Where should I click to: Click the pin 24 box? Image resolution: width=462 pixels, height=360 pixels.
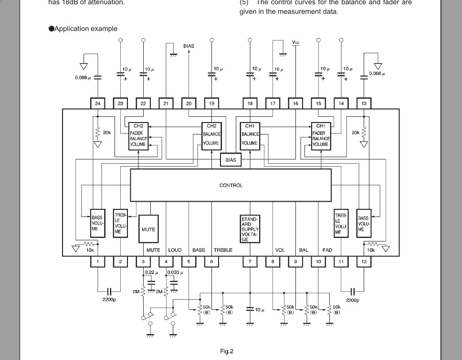tap(98, 103)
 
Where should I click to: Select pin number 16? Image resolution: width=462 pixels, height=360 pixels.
tap(296, 103)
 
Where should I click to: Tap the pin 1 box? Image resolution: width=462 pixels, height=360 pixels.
tap(98, 261)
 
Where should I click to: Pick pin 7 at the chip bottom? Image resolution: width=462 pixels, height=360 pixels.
tap(250, 261)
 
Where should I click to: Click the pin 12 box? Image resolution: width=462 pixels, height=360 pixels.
tap(364, 261)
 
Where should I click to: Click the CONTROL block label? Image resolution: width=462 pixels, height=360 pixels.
tap(231, 185)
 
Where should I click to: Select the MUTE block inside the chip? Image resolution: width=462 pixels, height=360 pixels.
tap(148, 229)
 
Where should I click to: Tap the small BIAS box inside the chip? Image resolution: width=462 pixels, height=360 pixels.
tap(231, 160)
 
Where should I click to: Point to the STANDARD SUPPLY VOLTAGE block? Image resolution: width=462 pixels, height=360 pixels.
tap(250, 229)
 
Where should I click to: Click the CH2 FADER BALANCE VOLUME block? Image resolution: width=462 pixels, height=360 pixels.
tap(138, 136)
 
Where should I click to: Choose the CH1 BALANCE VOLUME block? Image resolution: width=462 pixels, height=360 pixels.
tap(250, 135)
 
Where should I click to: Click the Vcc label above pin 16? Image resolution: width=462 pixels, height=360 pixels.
tap(296, 42)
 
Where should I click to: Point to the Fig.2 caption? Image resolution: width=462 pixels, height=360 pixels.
tap(227, 351)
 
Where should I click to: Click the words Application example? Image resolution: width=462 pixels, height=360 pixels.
tap(86, 29)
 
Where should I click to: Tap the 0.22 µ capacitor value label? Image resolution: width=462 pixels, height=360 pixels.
tap(151, 272)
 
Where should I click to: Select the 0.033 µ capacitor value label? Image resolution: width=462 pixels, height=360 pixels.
tap(175, 272)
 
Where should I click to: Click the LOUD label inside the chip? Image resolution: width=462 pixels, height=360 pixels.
tap(175, 250)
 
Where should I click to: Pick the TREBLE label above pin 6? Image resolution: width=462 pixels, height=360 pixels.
tap(223, 250)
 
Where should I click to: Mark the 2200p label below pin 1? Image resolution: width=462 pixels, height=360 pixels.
tap(109, 300)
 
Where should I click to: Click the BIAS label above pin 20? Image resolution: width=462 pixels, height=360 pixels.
tap(189, 46)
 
